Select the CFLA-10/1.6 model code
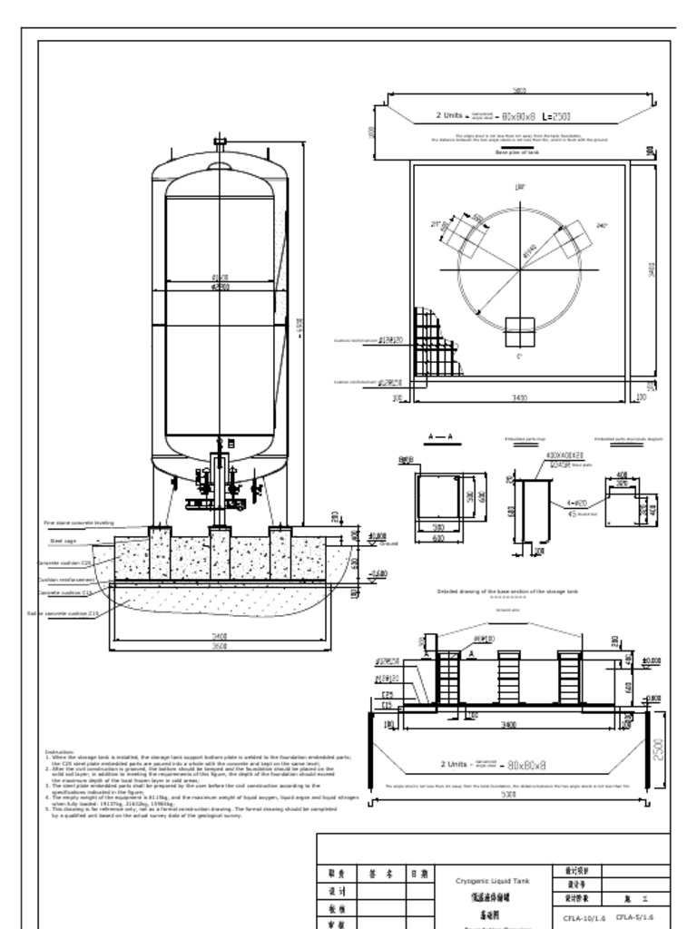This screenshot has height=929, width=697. point(584,917)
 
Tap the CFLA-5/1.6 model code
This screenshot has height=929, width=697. point(634,917)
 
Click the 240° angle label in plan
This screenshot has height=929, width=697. point(601,225)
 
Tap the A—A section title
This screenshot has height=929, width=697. point(438,436)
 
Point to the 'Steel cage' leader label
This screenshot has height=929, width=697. point(63,541)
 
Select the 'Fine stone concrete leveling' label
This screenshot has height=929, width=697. point(79,523)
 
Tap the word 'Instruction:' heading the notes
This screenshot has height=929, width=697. point(59,751)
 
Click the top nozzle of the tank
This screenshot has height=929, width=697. point(220,143)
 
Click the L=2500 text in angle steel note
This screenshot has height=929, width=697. point(555,117)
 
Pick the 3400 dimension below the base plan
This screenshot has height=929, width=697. point(520,397)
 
